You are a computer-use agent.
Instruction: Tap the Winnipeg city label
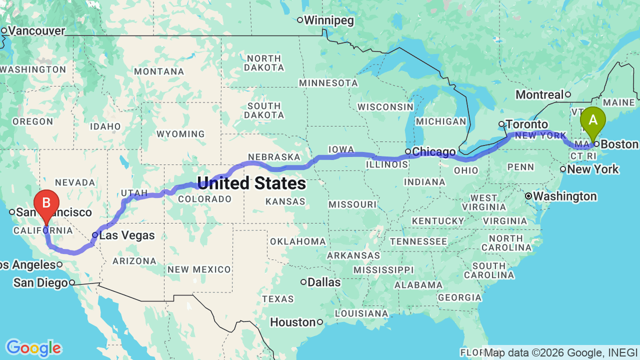click(328, 20)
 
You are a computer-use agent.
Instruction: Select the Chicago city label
click(434, 151)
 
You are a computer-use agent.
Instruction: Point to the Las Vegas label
click(127, 235)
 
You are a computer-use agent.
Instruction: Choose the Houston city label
click(293, 322)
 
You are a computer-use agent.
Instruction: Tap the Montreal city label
click(539, 94)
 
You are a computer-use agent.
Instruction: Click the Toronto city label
click(526, 124)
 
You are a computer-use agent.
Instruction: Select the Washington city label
click(564, 196)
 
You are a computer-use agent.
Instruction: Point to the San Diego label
click(40, 283)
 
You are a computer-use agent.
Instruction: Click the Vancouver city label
click(36, 31)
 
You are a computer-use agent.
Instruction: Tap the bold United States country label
click(251, 183)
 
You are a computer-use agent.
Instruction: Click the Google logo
click(33, 348)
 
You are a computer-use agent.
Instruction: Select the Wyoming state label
click(180, 134)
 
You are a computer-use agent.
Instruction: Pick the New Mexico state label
click(199, 269)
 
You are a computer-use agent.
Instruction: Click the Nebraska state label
click(274, 156)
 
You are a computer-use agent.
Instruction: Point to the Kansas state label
click(286, 201)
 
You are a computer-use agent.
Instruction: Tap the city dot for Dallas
click(303, 282)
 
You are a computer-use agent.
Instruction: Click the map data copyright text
click(560, 352)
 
